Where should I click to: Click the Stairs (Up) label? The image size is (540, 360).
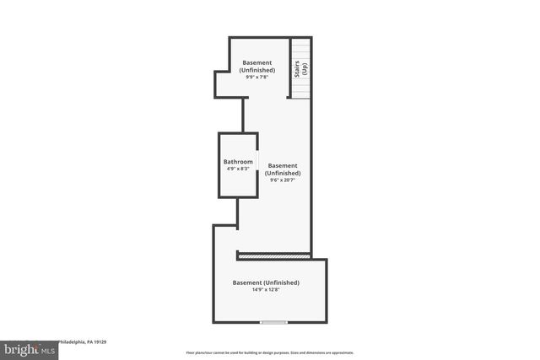pyautogui.click(x=300, y=69)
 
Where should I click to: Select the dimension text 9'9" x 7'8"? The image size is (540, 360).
pyautogui.click(x=256, y=78)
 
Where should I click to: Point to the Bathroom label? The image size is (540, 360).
pyautogui.click(x=238, y=162)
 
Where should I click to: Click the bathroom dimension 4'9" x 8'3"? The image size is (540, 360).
pyautogui.click(x=238, y=169)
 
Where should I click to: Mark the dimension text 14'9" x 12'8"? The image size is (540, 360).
pyautogui.click(x=266, y=290)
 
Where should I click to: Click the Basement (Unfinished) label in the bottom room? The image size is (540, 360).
pyautogui.click(x=266, y=282)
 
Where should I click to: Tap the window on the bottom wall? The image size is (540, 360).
pyautogui.click(x=273, y=322)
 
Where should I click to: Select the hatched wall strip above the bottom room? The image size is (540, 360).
pyautogui.click(x=274, y=255)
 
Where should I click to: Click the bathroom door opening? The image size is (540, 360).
pyautogui.click(x=257, y=164)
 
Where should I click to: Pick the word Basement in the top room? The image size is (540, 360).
pyautogui.click(x=256, y=62)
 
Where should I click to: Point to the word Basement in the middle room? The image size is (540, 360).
pyautogui.click(x=283, y=165)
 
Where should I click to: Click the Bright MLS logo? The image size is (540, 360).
pyautogui.click(x=30, y=348)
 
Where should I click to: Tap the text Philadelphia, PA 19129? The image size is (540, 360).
pyautogui.click(x=81, y=342)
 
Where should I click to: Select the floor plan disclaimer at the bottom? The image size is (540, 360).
pyautogui.click(x=270, y=352)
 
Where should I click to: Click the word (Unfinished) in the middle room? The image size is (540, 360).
pyautogui.click(x=283, y=173)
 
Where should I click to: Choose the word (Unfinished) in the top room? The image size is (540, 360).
pyautogui.click(x=256, y=70)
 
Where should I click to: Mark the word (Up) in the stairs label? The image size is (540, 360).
pyautogui.click(x=305, y=69)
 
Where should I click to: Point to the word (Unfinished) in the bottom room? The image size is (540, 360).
pyautogui.click(x=281, y=282)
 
